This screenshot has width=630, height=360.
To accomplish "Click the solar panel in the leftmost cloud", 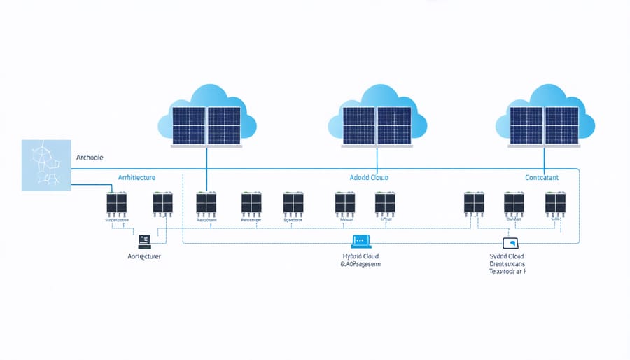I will click(x=206, y=125).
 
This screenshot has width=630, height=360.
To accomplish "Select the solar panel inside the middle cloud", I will click(x=376, y=125).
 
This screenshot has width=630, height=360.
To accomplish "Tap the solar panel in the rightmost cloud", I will click(x=544, y=125).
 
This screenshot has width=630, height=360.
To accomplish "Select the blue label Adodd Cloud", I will click(x=368, y=178).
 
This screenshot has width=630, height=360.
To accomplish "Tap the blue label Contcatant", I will click(x=542, y=178).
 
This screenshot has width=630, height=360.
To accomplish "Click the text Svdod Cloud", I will click(x=507, y=257).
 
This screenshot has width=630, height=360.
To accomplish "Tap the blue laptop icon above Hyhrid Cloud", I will click(x=360, y=240).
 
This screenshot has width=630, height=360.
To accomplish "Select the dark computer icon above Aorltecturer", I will click(x=145, y=241).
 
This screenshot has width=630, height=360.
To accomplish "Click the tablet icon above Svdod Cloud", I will click(x=514, y=242).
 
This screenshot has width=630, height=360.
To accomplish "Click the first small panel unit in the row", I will click(x=116, y=204).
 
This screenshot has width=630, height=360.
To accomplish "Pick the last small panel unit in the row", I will click(x=556, y=203).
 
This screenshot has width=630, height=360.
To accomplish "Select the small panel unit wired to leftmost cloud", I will click(x=206, y=203).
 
